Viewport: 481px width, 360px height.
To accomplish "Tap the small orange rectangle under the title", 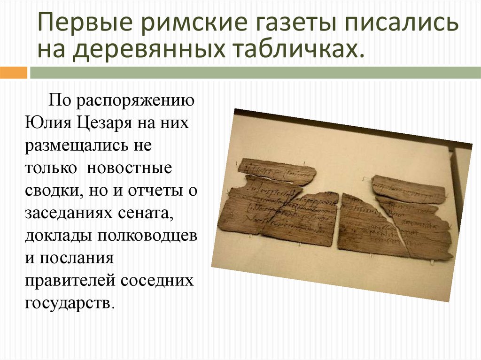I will pyautogui.click(x=13, y=73).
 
